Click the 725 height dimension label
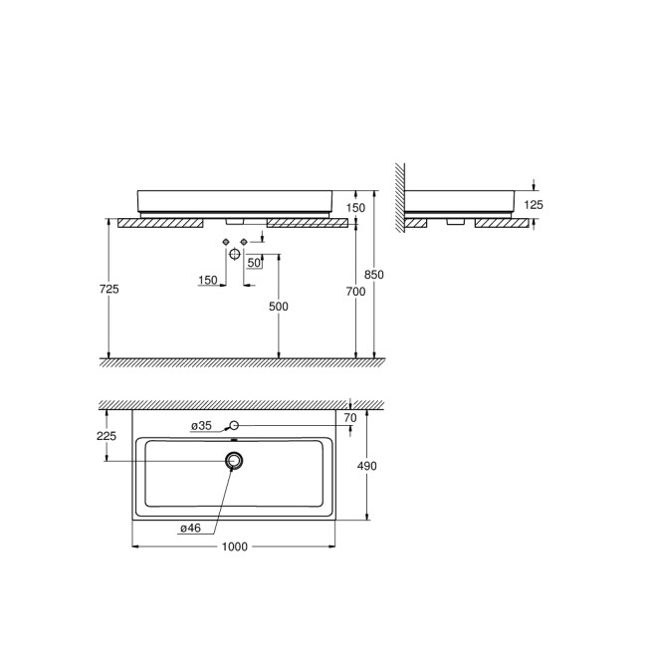click(x=109, y=289)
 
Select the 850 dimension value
click(x=374, y=274)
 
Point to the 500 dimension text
click(x=279, y=307)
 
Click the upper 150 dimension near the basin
click(x=356, y=207)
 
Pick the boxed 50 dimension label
click(x=254, y=263)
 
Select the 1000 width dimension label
click(x=236, y=545)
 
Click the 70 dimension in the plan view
click(x=349, y=419)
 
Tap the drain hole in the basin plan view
click(x=235, y=460)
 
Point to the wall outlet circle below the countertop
click(x=235, y=255)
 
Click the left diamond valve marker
click(x=226, y=242)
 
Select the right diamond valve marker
click(x=244, y=242)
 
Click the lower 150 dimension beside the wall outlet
click(x=207, y=281)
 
